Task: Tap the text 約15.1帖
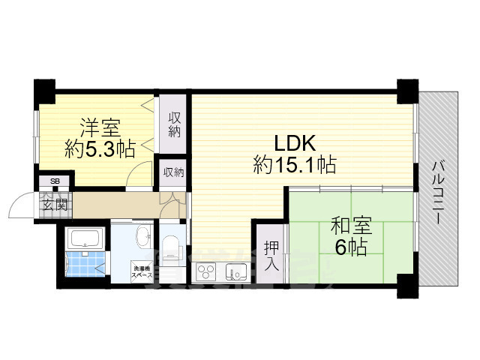tap(294, 163)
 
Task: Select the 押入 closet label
tap(271, 256)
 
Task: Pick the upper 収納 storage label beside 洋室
tap(174, 125)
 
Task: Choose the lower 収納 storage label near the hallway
tap(174, 172)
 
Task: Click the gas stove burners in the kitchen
tap(208, 271)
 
